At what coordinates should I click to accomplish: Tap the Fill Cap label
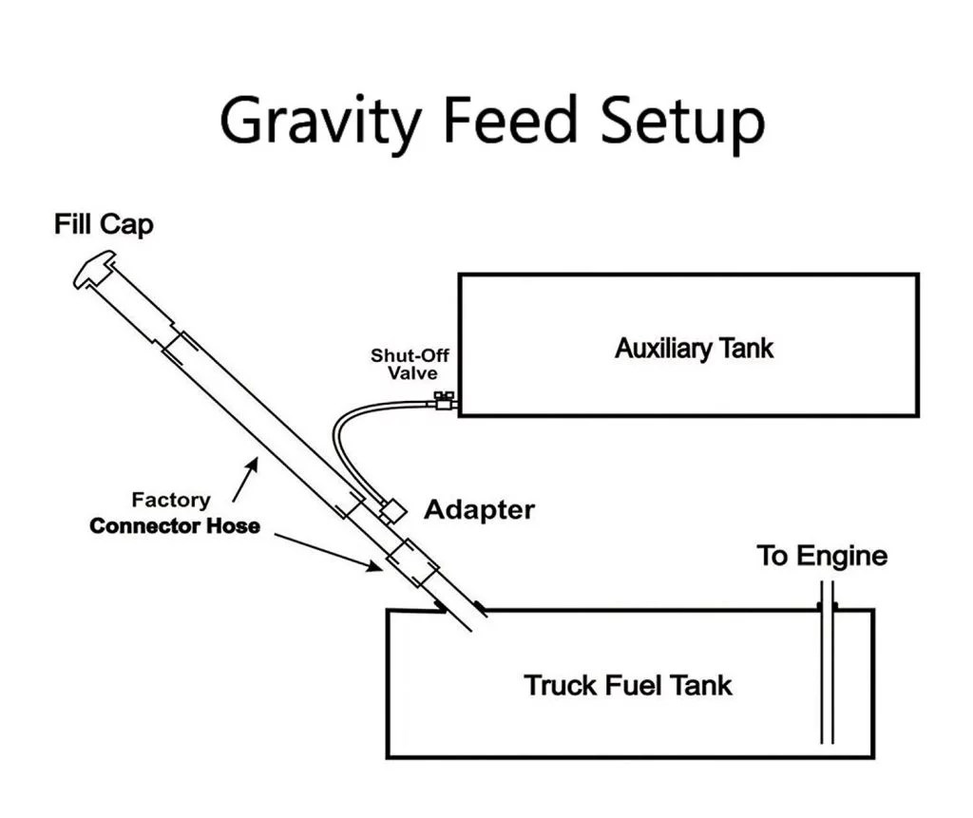104,226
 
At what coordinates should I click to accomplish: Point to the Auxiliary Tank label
694,348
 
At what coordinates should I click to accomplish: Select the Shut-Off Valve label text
410,365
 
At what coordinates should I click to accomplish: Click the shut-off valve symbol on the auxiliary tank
442,402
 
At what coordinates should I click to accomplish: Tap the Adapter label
479,509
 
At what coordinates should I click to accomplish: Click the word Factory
171,500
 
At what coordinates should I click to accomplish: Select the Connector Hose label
175,525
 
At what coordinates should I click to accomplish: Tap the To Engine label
822,556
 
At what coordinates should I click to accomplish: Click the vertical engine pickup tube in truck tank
827,675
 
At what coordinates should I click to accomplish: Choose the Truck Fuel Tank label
628,684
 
